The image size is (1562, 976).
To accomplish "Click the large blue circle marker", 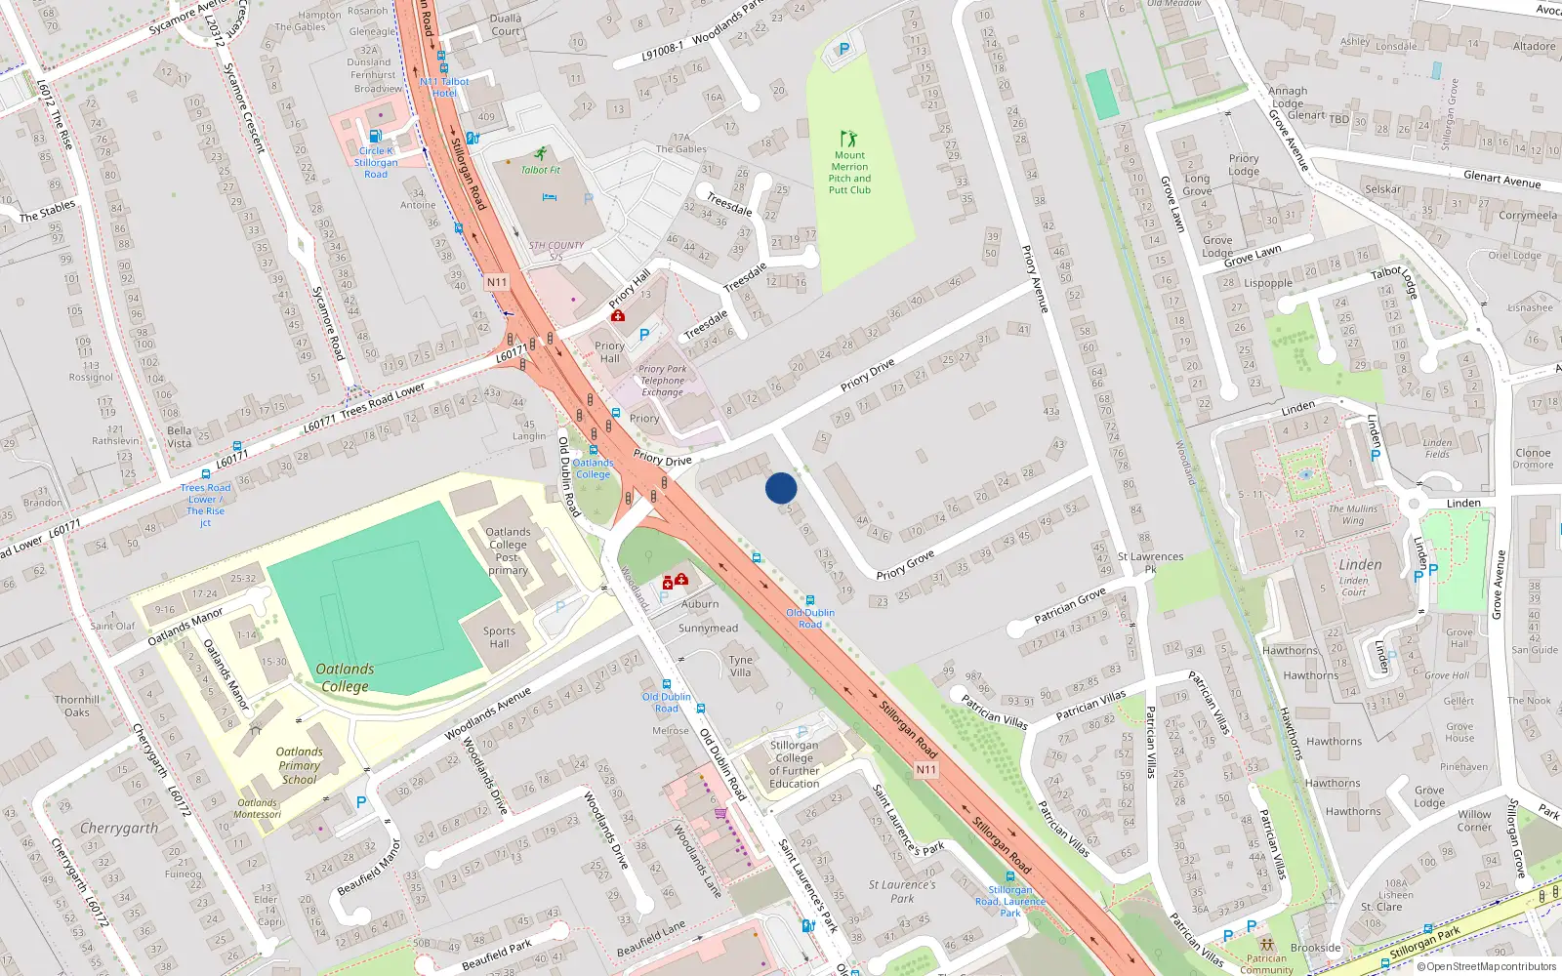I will [x=781, y=488].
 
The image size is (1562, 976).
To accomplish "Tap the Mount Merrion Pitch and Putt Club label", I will [x=849, y=173].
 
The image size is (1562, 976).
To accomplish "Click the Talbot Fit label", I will [x=541, y=170].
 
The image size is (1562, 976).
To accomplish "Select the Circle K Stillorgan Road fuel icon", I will [x=375, y=137].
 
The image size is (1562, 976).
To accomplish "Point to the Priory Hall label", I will [x=610, y=351].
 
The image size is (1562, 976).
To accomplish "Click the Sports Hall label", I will [x=499, y=637].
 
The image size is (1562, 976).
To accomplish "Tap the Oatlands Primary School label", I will [x=300, y=765].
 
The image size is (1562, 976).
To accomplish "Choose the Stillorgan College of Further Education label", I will [x=794, y=764].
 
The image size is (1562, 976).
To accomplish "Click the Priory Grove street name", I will [x=905, y=565].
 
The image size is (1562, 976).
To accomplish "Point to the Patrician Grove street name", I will [x=1070, y=605].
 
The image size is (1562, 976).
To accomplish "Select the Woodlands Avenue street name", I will [x=488, y=714].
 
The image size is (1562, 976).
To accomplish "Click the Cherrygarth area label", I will [x=119, y=829].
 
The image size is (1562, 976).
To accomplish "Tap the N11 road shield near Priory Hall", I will [x=497, y=282].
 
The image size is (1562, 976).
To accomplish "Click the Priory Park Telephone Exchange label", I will [x=663, y=381].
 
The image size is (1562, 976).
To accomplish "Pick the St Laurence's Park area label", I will [x=902, y=891].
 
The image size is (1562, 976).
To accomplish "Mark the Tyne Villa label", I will [x=741, y=666].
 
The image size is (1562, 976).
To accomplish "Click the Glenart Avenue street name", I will [x=1501, y=180].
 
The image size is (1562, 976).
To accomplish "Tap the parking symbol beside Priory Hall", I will [x=643, y=335].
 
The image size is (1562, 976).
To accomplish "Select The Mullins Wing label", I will [x=1353, y=514].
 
